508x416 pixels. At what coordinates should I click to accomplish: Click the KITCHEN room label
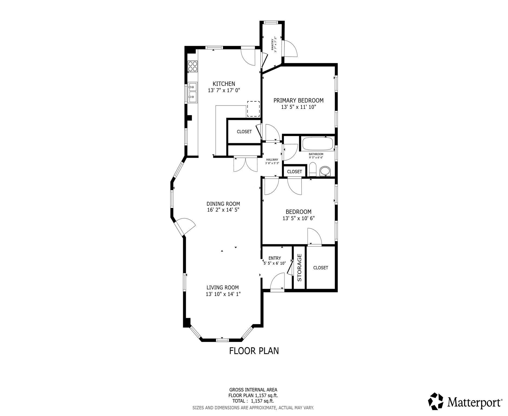(x=224, y=84)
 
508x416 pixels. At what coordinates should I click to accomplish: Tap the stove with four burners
(x=193, y=66)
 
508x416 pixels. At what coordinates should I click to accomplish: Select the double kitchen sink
(x=193, y=93)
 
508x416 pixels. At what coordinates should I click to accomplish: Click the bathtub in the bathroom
(x=317, y=144)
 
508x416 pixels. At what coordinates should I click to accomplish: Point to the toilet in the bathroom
(x=313, y=169)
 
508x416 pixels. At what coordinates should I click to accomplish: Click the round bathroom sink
(x=325, y=171)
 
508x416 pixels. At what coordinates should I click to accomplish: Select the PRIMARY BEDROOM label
(x=298, y=100)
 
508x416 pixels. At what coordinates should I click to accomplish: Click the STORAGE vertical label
(x=299, y=267)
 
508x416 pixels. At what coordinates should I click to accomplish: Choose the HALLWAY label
(x=272, y=160)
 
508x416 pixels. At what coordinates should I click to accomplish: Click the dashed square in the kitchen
(x=253, y=109)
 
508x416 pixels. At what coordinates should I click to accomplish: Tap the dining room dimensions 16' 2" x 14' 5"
(x=223, y=210)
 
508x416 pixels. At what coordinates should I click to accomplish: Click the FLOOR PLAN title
(x=254, y=351)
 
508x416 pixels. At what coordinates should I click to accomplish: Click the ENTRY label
(x=274, y=258)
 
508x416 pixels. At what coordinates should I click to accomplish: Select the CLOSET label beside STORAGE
(x=321, y=268)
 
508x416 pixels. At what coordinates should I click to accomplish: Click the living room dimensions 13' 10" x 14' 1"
(x=223, y=294)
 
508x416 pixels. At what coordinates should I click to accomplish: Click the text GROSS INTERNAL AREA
(x=253, y=390)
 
